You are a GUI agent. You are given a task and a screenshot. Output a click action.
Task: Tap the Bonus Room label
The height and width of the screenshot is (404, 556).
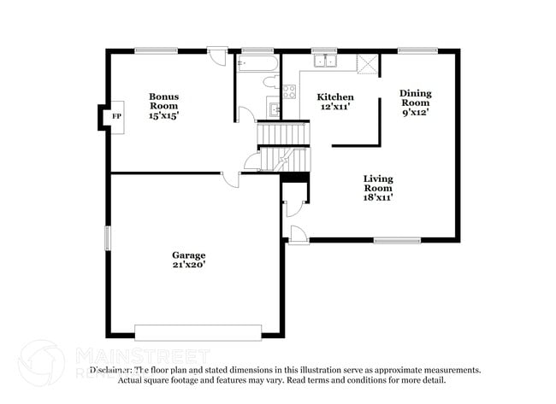tap(163, 106)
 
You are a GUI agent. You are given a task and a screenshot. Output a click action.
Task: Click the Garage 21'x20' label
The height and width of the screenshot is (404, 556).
tap(188, 260)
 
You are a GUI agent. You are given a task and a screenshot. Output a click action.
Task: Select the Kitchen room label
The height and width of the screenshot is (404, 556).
tap(334, 102)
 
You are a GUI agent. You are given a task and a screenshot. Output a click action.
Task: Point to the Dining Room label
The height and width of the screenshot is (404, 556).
tap(417, 102)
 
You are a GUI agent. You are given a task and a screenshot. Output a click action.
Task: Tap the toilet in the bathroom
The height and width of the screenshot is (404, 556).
tap(269, 82)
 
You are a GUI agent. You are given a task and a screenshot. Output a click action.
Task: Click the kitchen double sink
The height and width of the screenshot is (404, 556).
tap(324, 60)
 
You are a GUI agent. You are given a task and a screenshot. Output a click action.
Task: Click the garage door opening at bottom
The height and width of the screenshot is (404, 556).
tap(198, 331)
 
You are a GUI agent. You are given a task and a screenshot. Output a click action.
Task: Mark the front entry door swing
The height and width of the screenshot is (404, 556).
tap(299, 235)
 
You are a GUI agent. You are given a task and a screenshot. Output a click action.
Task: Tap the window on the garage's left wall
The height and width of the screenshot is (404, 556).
tap(108, 237)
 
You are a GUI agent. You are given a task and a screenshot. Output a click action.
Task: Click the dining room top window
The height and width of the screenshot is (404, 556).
tap(417, 50)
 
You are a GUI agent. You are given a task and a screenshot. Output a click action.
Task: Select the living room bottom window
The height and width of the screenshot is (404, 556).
tap(373, 240)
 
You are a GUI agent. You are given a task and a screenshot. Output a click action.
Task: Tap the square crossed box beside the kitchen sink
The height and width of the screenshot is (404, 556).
tap(367, 63)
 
